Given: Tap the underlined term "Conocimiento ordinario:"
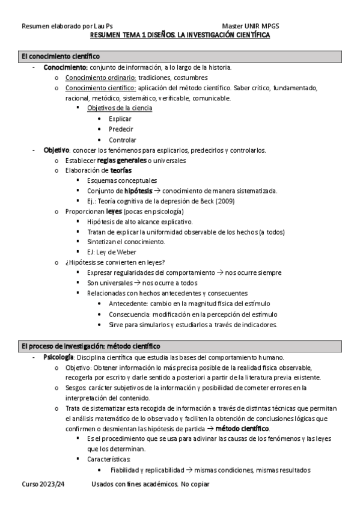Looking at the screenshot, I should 101,78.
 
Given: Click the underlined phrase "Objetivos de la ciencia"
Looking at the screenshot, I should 120,108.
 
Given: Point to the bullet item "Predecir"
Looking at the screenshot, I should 121,129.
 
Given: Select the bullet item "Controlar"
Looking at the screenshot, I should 122,140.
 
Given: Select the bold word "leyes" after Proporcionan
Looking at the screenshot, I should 114,212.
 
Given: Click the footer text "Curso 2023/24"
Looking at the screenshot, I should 42,484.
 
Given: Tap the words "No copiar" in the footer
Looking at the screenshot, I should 195,484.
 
